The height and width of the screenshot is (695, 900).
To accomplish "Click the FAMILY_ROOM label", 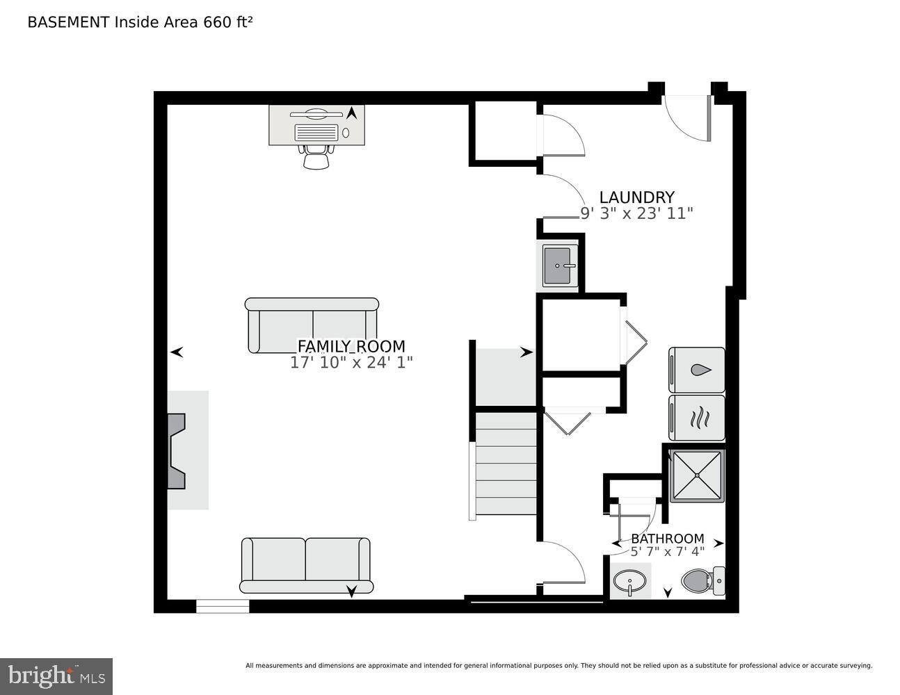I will (351, 346).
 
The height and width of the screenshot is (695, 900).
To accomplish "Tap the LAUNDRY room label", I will (636, 197).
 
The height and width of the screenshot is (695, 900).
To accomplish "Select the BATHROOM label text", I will (667, 539).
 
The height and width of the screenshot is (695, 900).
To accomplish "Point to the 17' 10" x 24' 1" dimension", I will (351, 362).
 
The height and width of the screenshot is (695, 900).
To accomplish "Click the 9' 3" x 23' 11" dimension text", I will (636, 213).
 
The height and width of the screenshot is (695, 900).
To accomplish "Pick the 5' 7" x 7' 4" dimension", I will (667, 552).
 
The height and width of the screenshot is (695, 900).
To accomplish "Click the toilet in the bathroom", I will (702, 580).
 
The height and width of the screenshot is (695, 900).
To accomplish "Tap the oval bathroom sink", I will (631, 580).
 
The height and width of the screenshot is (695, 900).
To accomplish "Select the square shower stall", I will (697, 475).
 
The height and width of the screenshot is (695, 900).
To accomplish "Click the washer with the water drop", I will (697, 370).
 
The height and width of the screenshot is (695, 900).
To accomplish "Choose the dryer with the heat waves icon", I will (697, 418).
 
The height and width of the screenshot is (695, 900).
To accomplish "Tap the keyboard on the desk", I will (316, 132).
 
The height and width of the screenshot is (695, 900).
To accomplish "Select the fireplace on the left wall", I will (177, 450).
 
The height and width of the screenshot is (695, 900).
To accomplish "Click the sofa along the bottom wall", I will (306, 564).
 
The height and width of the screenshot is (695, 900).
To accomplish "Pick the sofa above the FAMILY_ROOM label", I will (312, 325).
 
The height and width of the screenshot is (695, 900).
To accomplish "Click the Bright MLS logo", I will (56, 676).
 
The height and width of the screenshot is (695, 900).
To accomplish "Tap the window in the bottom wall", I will (223, 606).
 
